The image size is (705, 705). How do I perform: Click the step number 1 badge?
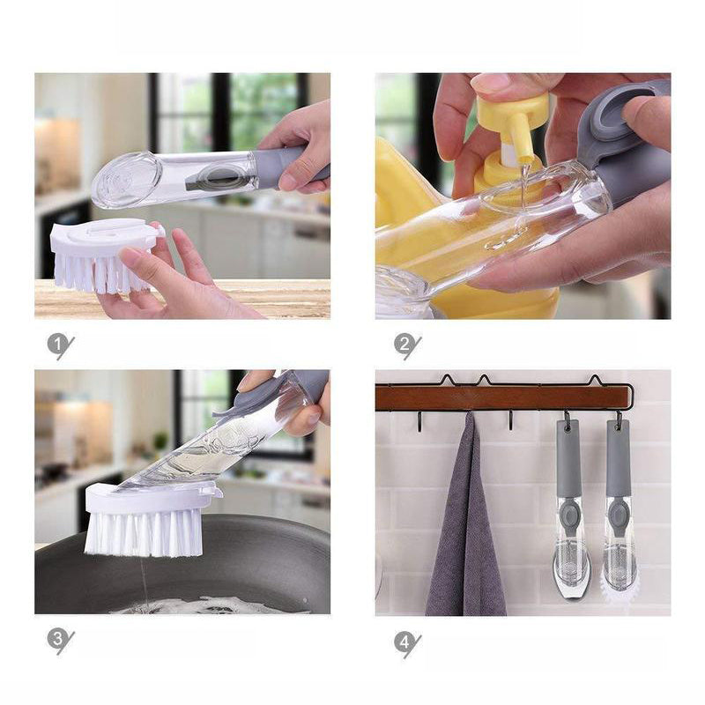coord(58,345)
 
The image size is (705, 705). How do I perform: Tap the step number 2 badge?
coord(405,345)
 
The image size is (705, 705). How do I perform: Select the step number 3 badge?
coord(58,640)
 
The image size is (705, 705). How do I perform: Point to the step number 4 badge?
coord(405,642)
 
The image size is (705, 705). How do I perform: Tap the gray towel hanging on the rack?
coord(466,517)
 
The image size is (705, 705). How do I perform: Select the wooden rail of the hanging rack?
coord(502,397)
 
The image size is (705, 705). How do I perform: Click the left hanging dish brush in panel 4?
coord(570,509)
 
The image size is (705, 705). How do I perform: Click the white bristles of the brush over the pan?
coord(144,534)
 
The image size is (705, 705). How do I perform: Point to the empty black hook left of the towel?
coord(419,421)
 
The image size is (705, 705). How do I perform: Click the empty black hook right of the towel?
coord(511,420)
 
